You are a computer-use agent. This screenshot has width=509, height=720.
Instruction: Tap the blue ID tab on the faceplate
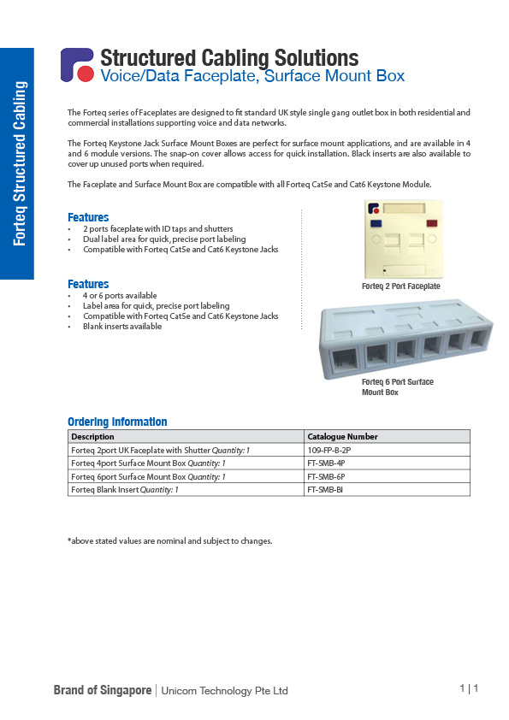tap(375, 224)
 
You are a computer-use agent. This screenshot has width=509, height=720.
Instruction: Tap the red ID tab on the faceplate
tap(430, 224)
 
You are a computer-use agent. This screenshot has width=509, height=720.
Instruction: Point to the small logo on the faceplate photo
tap(374, 206)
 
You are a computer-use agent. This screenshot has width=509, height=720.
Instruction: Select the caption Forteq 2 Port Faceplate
tap(400, 286)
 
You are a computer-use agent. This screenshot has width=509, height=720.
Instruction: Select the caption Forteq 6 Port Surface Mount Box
tap(397, 387)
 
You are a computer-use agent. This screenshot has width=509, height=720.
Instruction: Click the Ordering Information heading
tap(117, 422)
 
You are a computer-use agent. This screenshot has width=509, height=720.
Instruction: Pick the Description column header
tap(93, 436)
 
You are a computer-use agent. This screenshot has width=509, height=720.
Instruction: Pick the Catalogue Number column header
tap(342, 436)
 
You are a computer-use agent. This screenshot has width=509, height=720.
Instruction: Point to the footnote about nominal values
tap(169, 540)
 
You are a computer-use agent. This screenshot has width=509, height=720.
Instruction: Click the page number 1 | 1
tap(468, 688)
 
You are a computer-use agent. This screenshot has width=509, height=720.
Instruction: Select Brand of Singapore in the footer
tap(103, 690)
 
